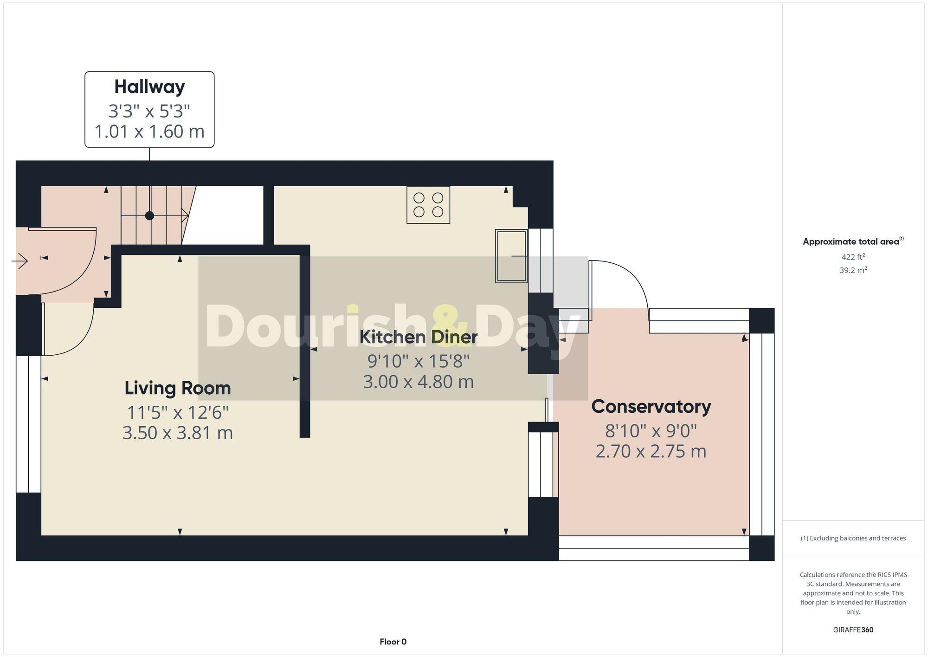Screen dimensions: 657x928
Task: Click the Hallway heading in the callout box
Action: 149,87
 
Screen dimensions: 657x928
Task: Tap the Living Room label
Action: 178,388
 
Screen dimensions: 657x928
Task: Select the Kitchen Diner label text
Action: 418,337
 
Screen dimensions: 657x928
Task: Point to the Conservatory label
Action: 651,407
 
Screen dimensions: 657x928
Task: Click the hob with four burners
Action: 428,205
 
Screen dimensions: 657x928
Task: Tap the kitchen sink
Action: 511,256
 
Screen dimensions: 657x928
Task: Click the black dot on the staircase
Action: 149,215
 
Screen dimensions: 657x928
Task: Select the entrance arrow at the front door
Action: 20,261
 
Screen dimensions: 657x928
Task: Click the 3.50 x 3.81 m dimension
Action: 178,433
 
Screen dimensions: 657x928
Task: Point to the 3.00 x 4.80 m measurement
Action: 418,382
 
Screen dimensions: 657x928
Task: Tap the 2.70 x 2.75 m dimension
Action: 651,451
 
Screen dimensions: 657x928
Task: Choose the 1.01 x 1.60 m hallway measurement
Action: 149,131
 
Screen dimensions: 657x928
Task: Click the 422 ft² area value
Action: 853,257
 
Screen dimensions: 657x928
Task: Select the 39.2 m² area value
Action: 853,270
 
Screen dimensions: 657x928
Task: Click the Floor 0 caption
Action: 393,642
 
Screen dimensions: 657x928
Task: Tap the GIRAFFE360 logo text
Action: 853,630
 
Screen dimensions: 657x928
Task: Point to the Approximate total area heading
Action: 853,241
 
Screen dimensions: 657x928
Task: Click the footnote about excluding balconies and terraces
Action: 853,538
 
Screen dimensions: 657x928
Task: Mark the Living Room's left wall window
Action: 28,424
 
